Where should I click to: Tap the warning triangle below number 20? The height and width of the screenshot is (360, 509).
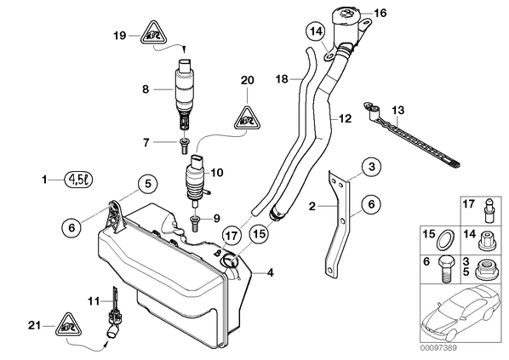(248, 117)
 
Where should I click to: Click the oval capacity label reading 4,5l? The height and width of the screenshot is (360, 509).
(78, 180)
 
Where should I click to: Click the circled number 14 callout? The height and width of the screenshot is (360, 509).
(316, 31)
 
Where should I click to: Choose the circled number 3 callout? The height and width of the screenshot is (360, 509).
(372, 167)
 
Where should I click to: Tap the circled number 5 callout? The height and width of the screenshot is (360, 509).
(148, 184)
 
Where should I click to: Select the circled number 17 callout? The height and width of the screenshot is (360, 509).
(232, 236)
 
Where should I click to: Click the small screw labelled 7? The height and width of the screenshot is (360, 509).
(184, 146)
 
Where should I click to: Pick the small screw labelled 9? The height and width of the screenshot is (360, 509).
(194, 224)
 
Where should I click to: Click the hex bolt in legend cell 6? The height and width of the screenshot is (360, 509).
(446, 269)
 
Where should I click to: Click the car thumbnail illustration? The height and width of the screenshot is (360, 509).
(462, 314)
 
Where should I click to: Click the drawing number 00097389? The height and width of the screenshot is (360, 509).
(438, 348)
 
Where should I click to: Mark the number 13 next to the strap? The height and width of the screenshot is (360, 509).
(397, 111)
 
